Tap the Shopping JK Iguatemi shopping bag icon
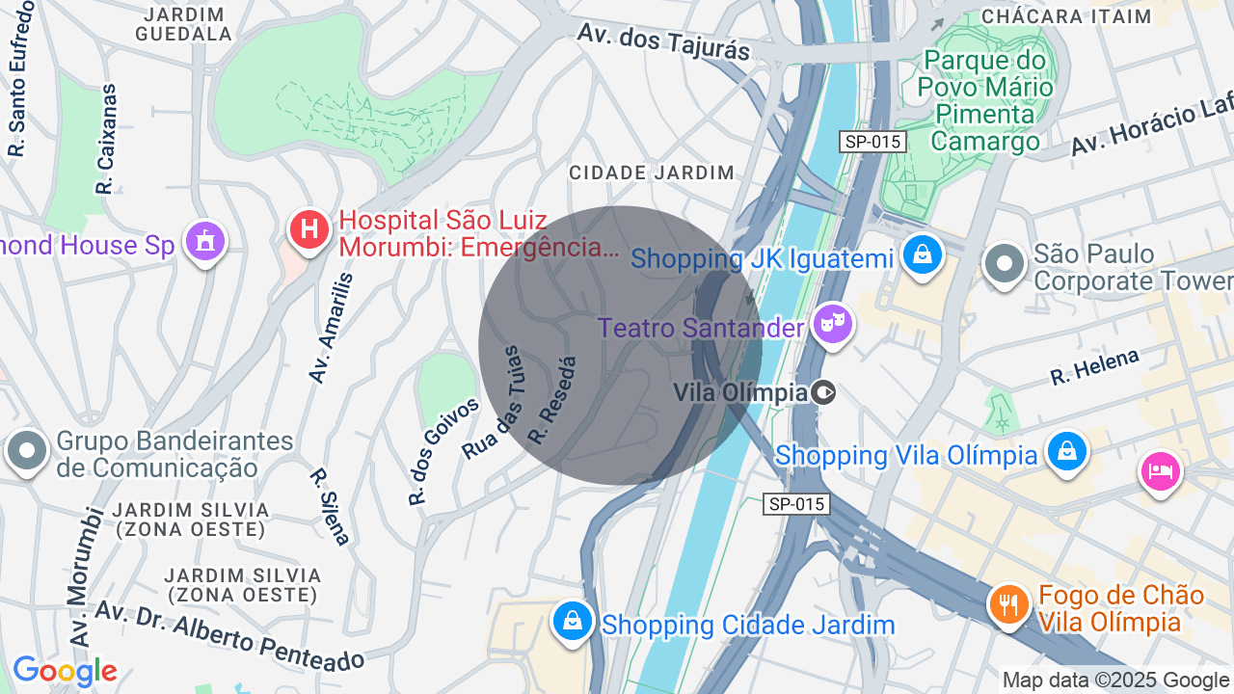[923, 255]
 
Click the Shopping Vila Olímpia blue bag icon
[1066, 451]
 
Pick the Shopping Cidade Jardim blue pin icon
[573, 622]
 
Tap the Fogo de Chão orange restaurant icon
[1009, 605]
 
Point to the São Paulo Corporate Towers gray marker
[1005, 263]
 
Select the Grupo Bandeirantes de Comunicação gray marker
[27, 450]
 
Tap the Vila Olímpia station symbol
[823, 392]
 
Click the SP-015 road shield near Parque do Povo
[872, 142]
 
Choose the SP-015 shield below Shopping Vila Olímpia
[796, 503]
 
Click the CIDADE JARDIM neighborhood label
[652, 173]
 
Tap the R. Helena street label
[1094, 367]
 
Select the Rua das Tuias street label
[496, 403]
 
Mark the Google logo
[65, 671]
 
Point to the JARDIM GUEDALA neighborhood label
[184, 24]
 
